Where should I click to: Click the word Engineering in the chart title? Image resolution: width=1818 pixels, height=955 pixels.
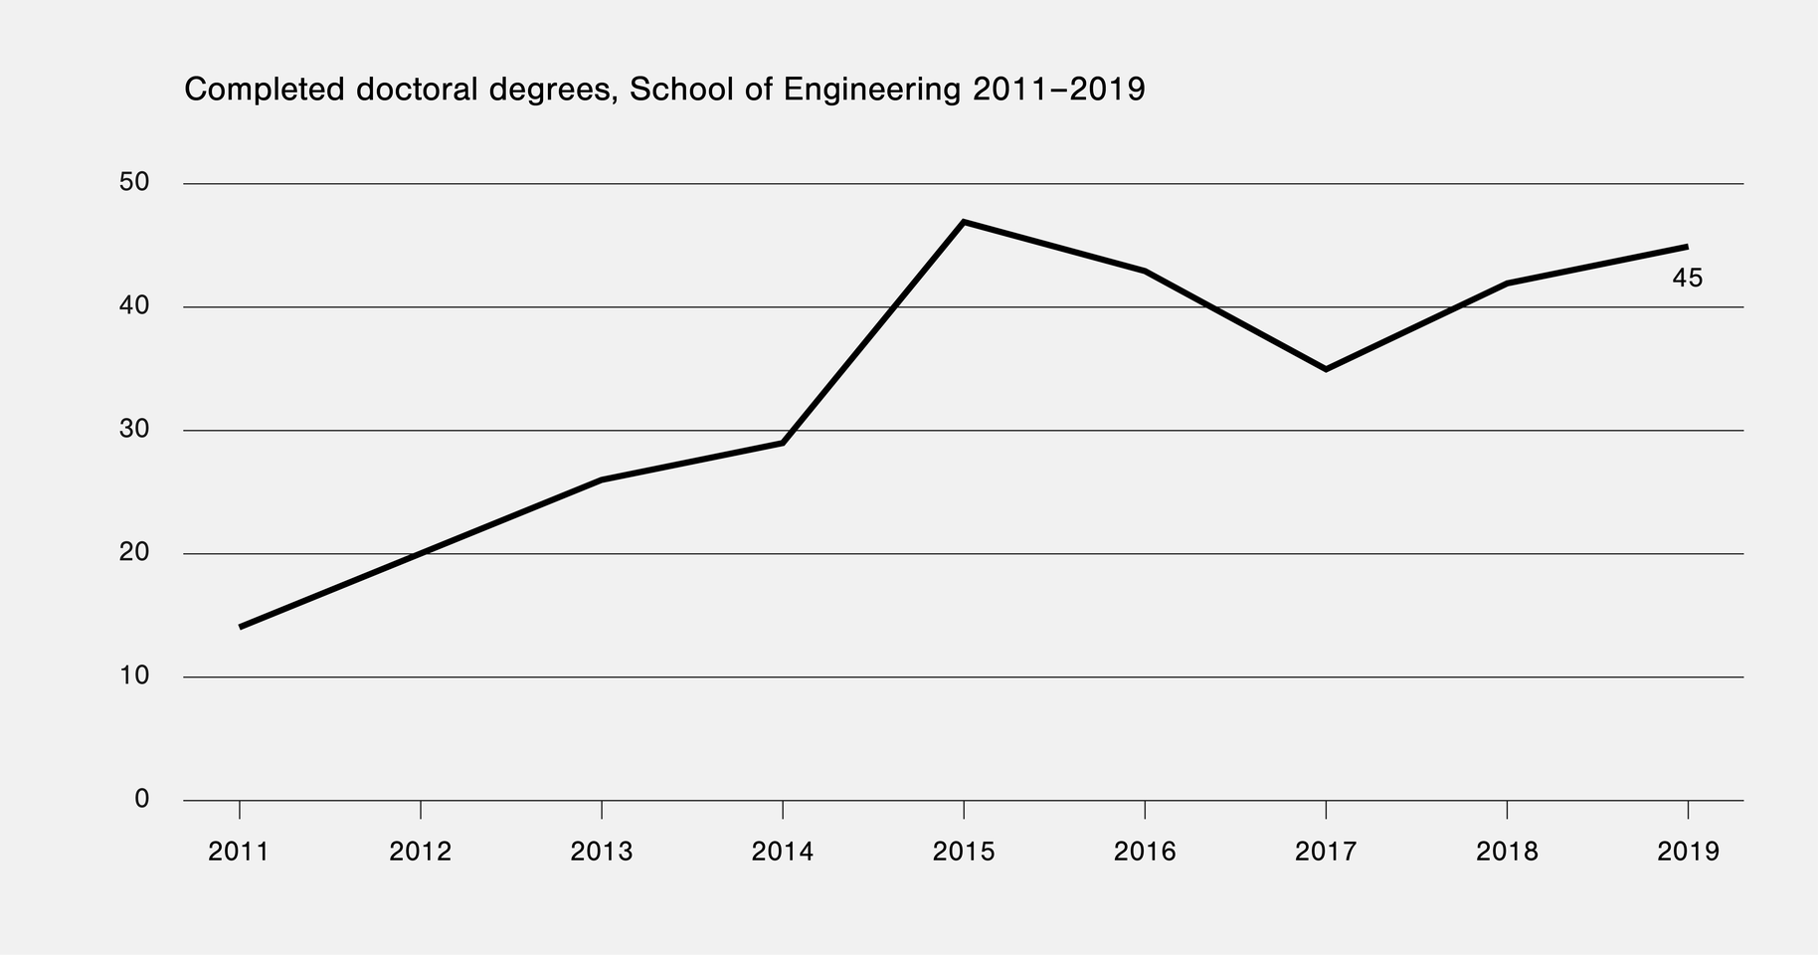[x=872, y=91]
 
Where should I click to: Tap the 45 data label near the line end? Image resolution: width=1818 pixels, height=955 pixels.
[x=1687, y=279]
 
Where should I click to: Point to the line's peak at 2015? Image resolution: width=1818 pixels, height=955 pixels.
[x=964, y=222]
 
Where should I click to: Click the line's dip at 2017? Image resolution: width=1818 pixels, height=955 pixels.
[x=1326, y=369]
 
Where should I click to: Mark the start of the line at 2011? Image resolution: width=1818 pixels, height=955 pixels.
[x=241, y=627]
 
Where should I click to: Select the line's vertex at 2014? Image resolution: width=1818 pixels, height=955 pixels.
[x=783, y=443]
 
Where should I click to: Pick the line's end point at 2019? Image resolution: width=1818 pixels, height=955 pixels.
[x=1687, y=247]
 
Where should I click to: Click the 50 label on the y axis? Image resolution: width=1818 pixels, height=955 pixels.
[x=133, y=183]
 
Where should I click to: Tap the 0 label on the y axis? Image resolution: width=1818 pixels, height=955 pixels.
[x=141, y=799]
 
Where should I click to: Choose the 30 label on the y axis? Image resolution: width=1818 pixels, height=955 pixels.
[x=133, y=430]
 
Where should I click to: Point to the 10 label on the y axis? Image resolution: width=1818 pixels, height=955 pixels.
[x=133, y=676]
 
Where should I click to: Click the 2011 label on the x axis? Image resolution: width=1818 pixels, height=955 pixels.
[x=240, y=852]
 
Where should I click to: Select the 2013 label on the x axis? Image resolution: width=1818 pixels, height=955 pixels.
[x=602, y=852]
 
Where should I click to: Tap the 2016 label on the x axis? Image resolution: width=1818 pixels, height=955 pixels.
[x=1145, y=852]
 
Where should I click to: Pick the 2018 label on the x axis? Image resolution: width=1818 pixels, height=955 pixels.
[x=1507, y=852]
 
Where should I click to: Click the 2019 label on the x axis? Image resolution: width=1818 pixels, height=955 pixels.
[x=1688, y=852]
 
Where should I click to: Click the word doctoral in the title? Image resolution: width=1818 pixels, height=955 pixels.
[x=422, y=91]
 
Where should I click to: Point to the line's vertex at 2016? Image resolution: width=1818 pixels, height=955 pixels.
[x=1145, y=271]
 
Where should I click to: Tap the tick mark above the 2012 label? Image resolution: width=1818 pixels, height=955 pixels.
[x=421, y=810]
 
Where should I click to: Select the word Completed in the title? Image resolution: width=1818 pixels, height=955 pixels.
[x=264, y=91]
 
